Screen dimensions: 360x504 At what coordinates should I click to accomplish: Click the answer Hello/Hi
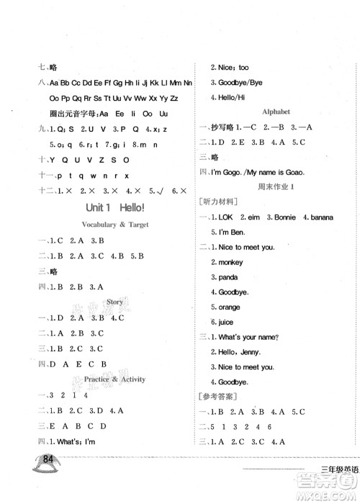click(230, 96)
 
